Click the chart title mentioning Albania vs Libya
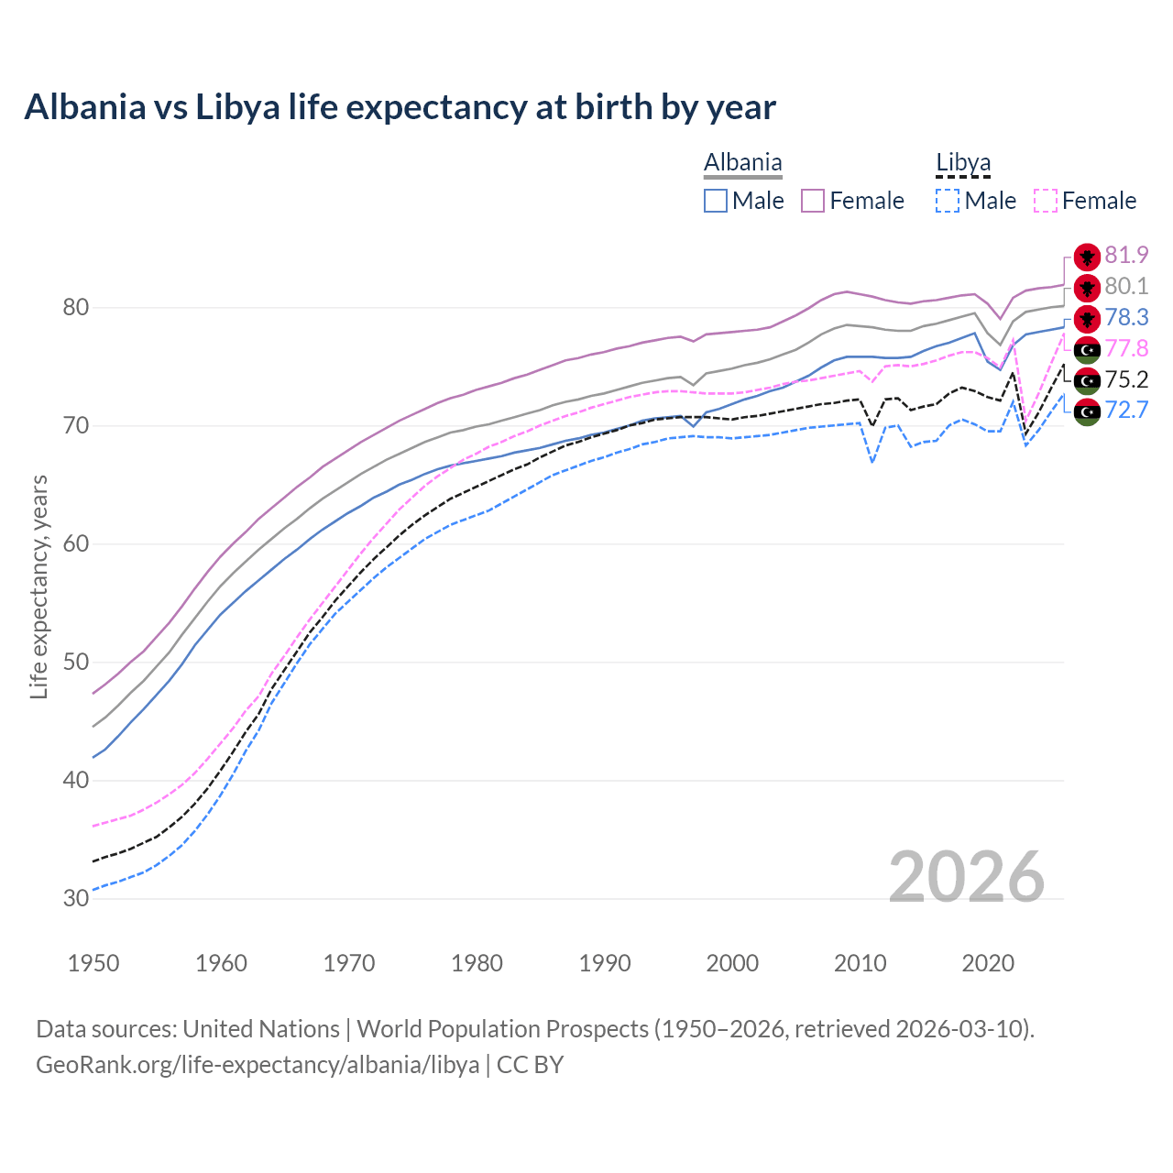click(400, 107)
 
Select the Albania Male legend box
click(716, 201)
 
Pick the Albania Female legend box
click(813, 201)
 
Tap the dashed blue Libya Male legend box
click(948, 201)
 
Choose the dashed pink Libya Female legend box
click(1045, 201)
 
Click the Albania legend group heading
click(742, 163)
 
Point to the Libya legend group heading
click(963, 163)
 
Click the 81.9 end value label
click(1126, 256)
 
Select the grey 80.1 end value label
click(1126, 287)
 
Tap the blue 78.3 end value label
click(1126, 318)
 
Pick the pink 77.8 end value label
click(1126, 349)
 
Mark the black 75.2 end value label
click(1126, 380)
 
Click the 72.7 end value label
click(1126, 411)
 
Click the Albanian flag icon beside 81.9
click(1087, 257)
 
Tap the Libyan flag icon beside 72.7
click(1087, 412)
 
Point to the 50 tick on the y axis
click(75, 663)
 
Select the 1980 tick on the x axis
click(477, 963)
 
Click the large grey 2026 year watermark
click(967, 878)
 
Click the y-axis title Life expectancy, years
click(39, 586)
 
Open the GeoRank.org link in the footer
click(258, 1065)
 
